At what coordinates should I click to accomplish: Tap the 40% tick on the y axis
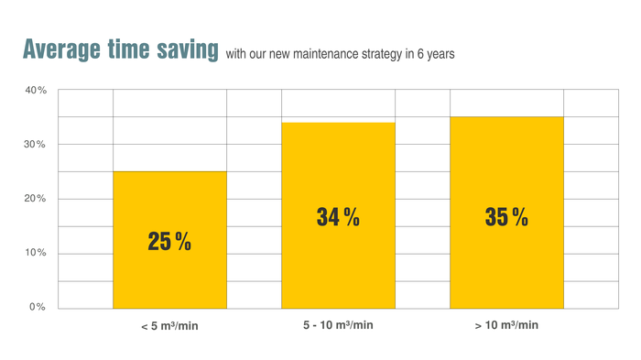click(x=36, y=91)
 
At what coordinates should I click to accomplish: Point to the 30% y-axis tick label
click(x=36, y=145)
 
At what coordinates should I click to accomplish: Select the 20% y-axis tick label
click(x=36, y=199)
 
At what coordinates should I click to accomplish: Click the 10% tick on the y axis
click(x=36, y=253)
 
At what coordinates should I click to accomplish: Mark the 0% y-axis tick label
click(x=38, y=307)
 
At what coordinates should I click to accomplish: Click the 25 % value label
click(x=169, y=242)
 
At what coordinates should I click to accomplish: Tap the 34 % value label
click(x=338, y=218)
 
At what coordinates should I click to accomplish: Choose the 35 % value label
click(x=506, y=218)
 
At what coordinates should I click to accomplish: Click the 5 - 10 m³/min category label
click(x=338, y=326)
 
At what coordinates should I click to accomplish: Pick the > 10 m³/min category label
click(x=506, y=326)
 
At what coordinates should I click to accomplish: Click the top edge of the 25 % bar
click(x=169, y=171)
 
